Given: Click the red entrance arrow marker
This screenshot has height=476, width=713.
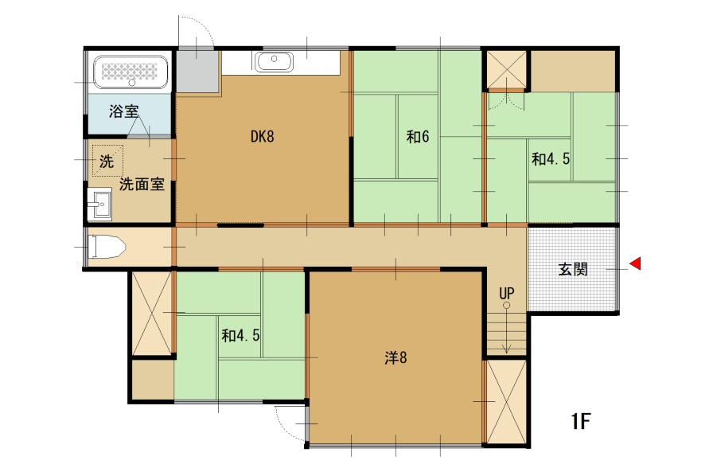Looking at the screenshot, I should pos(635,263).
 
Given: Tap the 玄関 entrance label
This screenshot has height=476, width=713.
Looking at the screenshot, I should pos(572,269).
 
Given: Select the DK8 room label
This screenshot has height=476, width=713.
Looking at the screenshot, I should pos(262,137).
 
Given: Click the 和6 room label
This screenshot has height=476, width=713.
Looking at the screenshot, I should pos(418,137).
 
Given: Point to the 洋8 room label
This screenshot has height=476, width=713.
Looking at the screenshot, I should pos(395,358).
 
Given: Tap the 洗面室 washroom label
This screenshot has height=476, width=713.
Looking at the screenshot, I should pos(142,185).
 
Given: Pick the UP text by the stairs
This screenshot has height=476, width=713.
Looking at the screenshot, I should pos(507,293).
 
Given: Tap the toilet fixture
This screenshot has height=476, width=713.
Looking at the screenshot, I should pos(106,248).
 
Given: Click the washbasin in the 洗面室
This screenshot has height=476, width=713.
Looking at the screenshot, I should pos(99,206).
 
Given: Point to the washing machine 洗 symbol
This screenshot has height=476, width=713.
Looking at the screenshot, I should pos(107,159).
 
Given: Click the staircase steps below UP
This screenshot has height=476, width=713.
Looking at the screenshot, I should pos(507,332).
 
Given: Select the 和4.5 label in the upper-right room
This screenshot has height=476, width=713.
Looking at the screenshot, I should pos(551,158).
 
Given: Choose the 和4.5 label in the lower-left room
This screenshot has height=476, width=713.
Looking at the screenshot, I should pos(241,336).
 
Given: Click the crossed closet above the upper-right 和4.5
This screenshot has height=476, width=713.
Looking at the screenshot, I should pos(506,69).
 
